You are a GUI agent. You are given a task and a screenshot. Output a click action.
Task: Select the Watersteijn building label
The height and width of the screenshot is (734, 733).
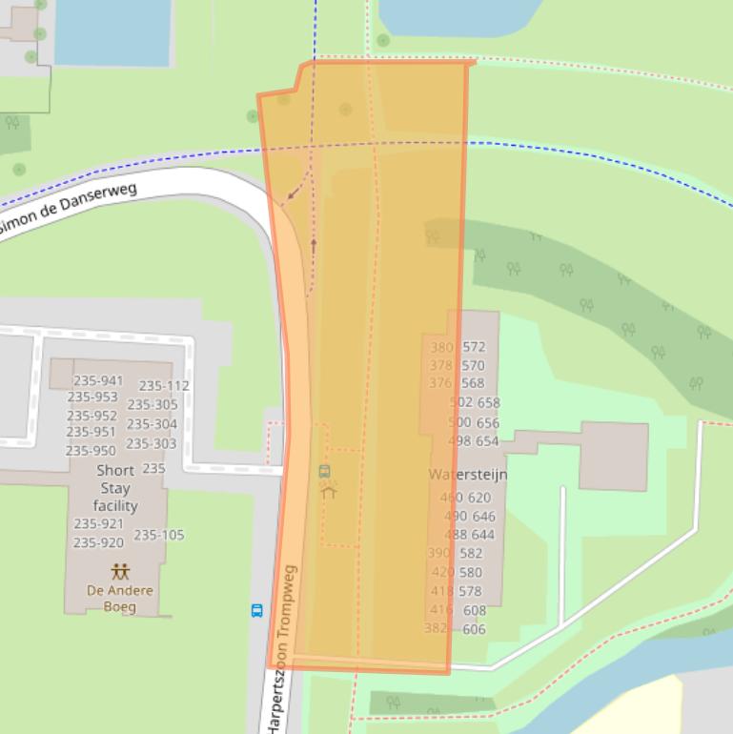point(467,475)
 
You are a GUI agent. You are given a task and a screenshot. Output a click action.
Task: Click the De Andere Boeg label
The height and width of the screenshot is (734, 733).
point(119,599)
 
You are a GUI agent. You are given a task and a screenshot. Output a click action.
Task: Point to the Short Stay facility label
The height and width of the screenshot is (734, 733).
point(115,488)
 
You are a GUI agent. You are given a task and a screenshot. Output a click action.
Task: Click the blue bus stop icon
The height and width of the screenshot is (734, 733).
point(256,611)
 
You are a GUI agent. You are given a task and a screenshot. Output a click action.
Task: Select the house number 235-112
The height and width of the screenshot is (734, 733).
point(164,386)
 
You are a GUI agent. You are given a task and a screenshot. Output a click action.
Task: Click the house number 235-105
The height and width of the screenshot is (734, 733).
point(159,535)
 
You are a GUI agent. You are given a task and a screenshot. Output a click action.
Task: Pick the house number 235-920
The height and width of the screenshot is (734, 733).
point(98,543)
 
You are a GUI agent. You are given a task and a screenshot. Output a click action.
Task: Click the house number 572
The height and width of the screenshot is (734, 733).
point(474,348)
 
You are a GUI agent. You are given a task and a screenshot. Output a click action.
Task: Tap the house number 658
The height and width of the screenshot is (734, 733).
point(488,403)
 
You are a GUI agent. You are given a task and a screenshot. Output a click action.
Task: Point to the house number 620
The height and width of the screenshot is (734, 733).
point(479,498)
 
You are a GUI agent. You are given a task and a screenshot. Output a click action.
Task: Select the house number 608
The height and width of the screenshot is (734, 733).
point(475,611)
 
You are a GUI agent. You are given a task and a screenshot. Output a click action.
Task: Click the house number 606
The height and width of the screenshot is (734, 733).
point(474,629)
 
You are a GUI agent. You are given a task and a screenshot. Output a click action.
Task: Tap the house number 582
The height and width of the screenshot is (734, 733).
point(471,553)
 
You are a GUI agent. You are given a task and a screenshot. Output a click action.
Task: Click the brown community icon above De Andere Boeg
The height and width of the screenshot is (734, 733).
point(120,572)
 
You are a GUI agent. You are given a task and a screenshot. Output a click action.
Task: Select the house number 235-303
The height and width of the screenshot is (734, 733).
point(151,443)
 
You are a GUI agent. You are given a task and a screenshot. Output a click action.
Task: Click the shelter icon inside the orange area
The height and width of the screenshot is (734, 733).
point(329,492)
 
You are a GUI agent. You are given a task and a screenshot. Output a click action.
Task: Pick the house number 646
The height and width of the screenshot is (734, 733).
point(484,517)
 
